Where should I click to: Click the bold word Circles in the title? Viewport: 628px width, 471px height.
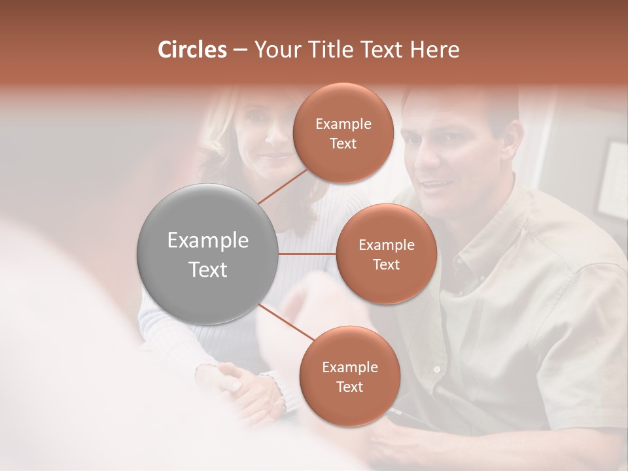(x=192, y=50)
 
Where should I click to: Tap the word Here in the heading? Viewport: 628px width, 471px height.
(x=434, y=50)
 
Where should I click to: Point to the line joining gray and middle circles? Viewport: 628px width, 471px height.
(x=307, y=254)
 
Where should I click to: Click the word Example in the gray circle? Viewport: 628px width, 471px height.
(x=208, y=241)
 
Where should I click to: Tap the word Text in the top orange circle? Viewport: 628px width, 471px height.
(x=343, y=143)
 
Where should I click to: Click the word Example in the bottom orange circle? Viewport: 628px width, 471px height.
(x=349, y=368)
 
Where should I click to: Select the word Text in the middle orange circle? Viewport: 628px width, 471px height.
(x=386, y=264)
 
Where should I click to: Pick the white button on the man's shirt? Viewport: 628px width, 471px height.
(x=436, y=370)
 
